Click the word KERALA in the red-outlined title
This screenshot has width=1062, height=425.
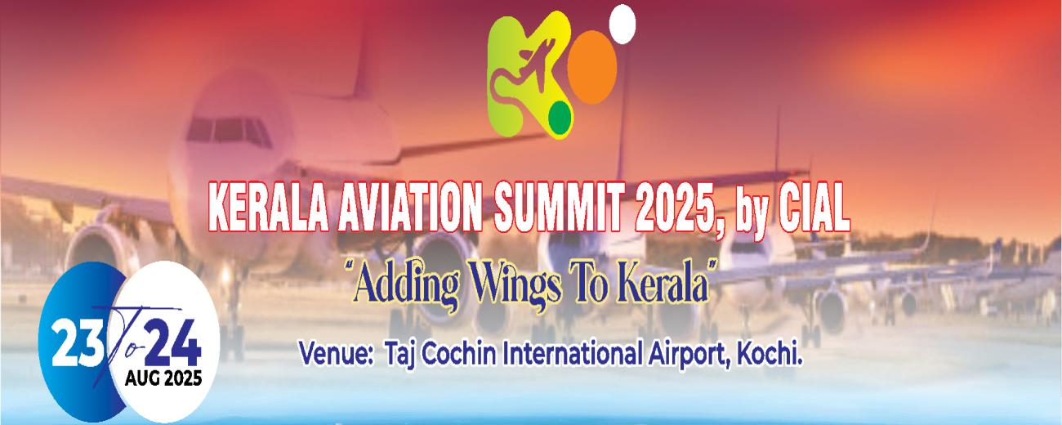[x=268, y=208]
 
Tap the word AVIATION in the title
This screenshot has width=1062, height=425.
[x=408, y=208]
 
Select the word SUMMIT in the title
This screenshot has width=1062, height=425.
[x=557, y=208]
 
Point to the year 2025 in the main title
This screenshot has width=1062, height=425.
[x=673, y=208]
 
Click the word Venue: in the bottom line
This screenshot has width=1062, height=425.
[x=335, y=356]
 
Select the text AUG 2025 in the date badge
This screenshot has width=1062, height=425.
[x=163, y=379]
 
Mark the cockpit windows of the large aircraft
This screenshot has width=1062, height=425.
[x=229, y=132]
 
